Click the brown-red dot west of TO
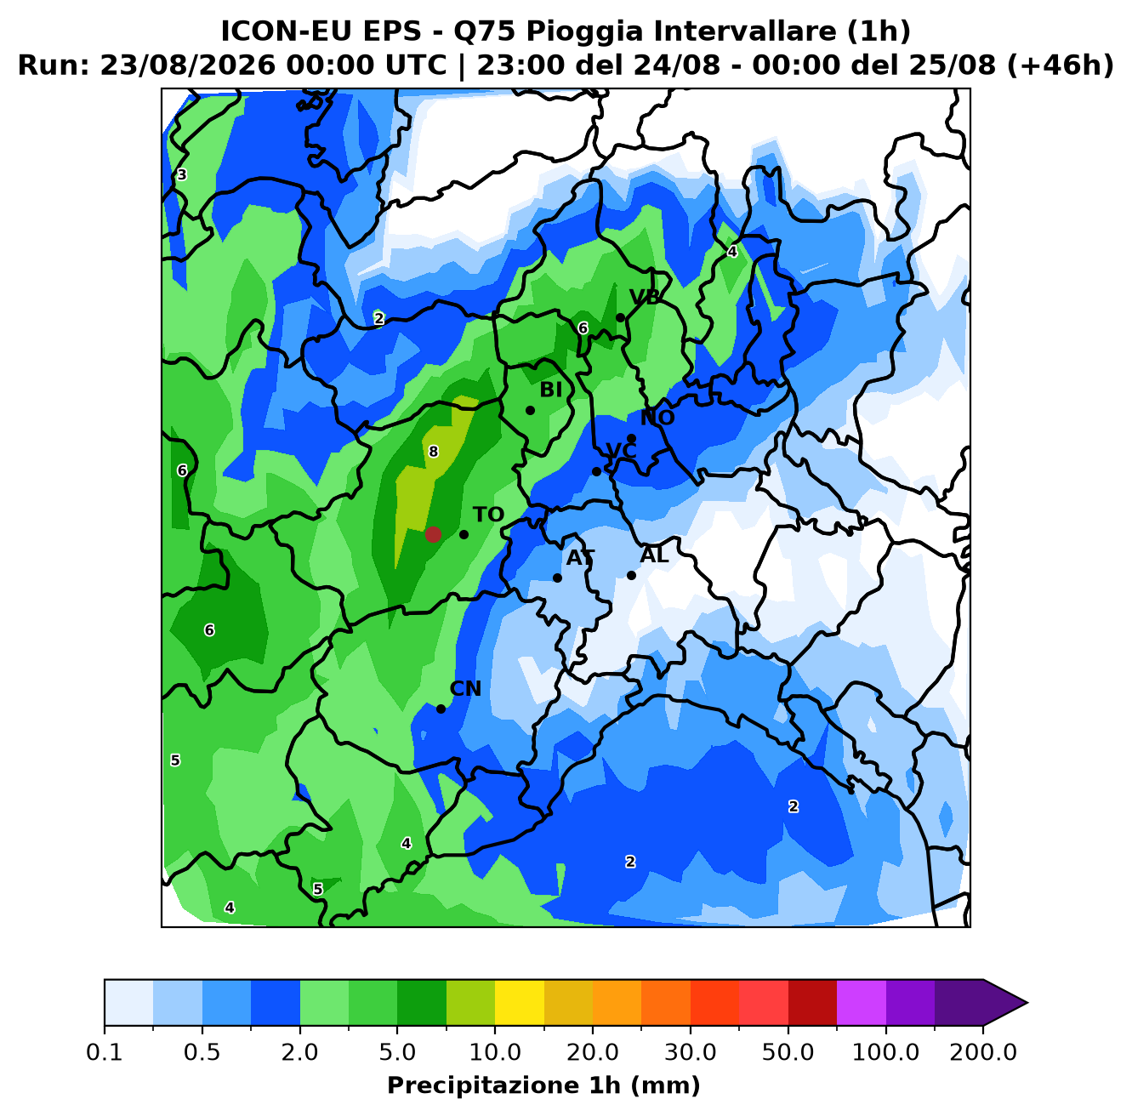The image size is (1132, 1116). point(433,534)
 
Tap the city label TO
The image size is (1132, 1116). point(488,515)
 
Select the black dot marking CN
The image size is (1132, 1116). point(441,709)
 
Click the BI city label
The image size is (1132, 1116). point(550,390)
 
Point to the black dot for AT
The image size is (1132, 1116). point(557,578)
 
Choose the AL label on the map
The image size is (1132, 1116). point(654,555)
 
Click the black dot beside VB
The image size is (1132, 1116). point(620,317)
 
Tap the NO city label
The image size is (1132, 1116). point(657,418)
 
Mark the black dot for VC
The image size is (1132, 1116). point(596,471)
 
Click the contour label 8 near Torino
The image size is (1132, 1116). point(433,452)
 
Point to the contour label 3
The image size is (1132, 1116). point(182,174)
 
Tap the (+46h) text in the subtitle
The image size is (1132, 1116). point(1060,65)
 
